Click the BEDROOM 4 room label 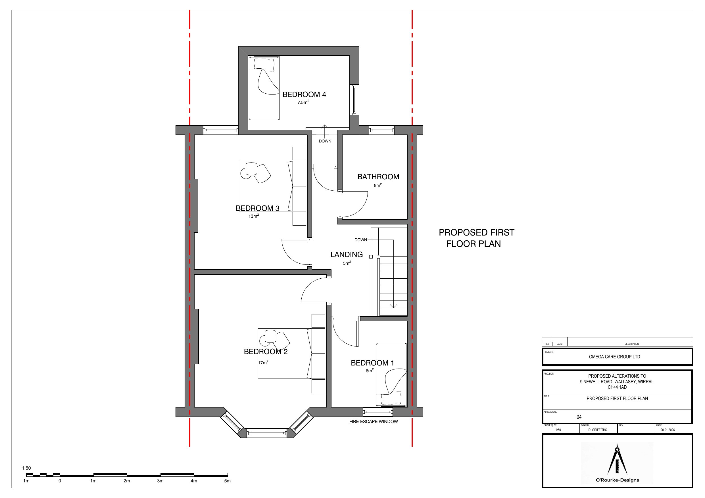pos(304,94)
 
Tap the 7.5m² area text pos(303,102)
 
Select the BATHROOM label pos(378,177)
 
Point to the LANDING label pos(347,254)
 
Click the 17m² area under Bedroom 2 pos(263,362)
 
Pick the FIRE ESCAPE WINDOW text pos(374,422)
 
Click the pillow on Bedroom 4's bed pos(264,64)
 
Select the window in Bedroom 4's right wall pos(354,99)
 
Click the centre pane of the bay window pos(266,433)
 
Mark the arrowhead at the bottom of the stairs pos(393,306)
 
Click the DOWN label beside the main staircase pos(361,240)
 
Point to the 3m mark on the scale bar pos(160,481)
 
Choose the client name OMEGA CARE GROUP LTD pos(614,357)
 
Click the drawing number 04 pos(579,417)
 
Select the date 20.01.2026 pos(668,430)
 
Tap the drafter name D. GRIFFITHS pos(598,430)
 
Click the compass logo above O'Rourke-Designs pos(617,459)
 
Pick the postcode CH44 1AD pos(617,387)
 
